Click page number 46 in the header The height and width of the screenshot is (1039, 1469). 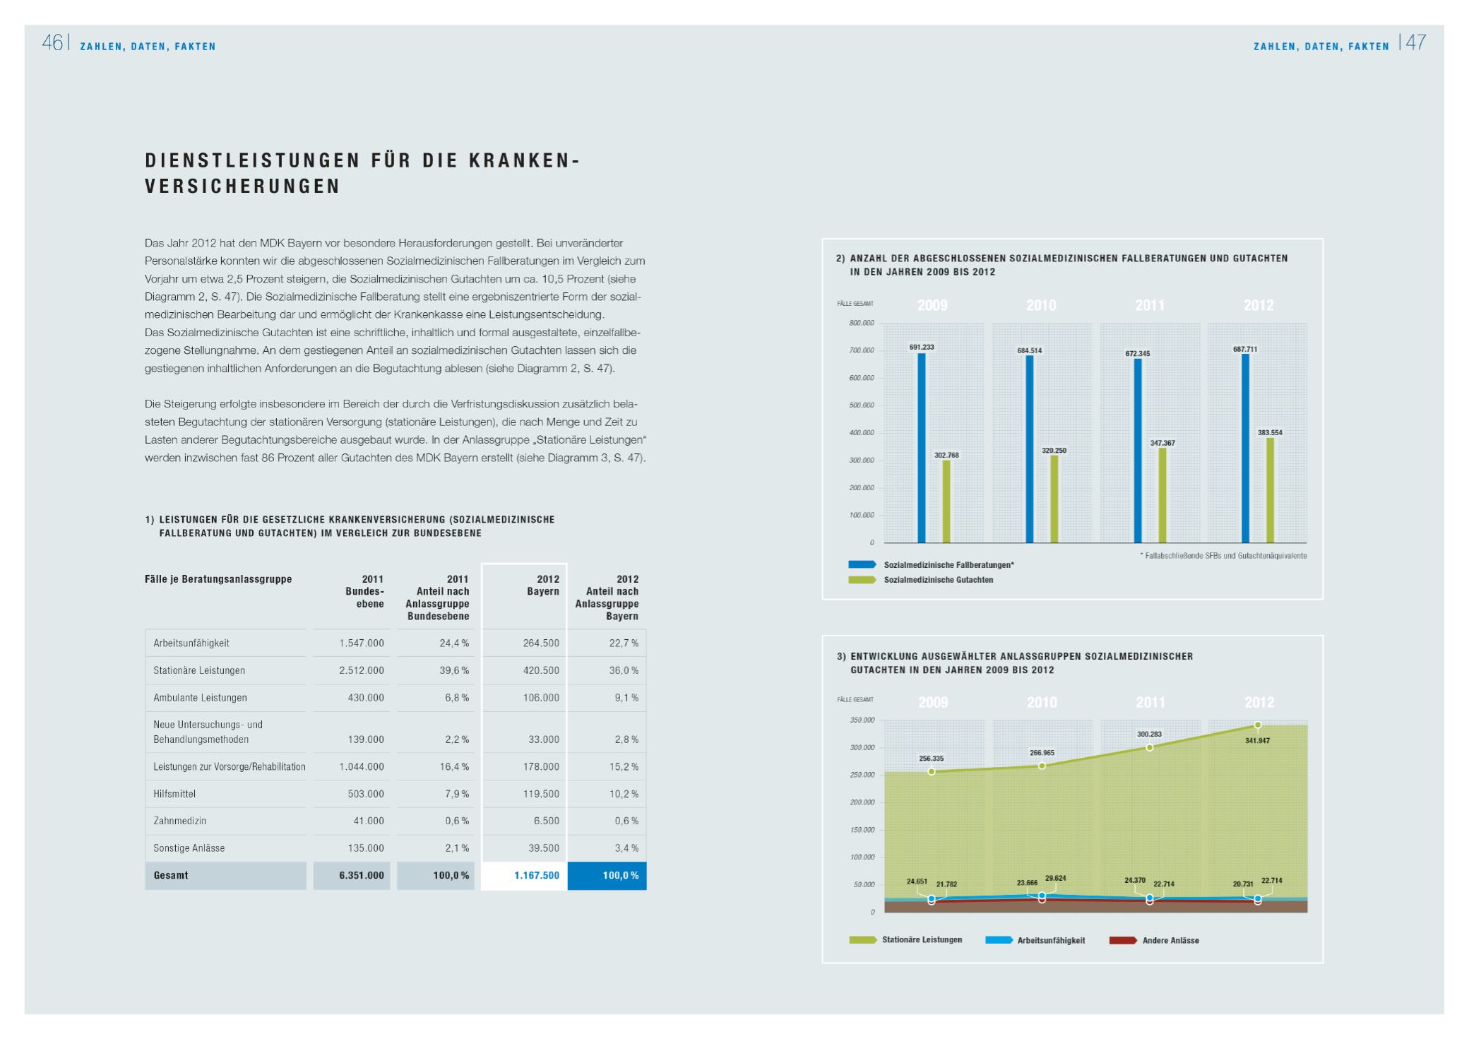coord(52,43)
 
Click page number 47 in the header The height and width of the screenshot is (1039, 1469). coord(1415,43)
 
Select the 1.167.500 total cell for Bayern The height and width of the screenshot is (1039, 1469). coord(537,875)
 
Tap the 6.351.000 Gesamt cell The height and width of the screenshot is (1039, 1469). coord(362,875)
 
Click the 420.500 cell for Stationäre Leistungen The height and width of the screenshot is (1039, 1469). coord(541,670)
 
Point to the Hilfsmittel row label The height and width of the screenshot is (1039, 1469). coord(174,794)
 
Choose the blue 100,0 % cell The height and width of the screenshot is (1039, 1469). coord(620,875)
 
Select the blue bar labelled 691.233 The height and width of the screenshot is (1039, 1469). coord(922,448)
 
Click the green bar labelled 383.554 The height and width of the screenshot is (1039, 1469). coord(1270,490)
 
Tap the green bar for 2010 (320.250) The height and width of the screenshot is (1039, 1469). coord(1054,499)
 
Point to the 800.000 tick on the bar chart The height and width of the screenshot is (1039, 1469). coord(861,323)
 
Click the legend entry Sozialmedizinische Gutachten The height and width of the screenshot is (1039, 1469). coord(938,580)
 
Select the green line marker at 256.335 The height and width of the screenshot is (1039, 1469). coord(932,771)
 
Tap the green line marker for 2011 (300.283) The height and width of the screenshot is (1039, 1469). coord(1150,747)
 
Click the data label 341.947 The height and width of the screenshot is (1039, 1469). coord(1257,741)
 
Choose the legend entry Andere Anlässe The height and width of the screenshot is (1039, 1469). coord(1170,940)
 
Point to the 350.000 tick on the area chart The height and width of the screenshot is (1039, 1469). coord(862,720)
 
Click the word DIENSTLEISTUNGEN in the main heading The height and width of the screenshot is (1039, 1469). coord(252,160)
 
